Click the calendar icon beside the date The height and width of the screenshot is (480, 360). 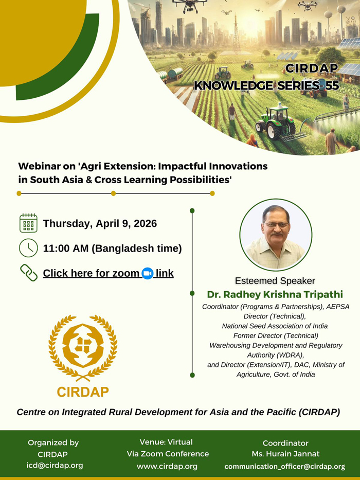click(28, 223)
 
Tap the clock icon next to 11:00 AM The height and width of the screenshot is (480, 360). click(28, 248)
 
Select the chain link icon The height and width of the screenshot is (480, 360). click(29, 273)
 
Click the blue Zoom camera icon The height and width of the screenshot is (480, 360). click(148, 273)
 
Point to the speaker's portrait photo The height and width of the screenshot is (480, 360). click(276, 235)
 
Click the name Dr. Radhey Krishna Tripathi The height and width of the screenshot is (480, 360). click(275, 294)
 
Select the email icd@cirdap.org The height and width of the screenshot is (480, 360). click(55, 466)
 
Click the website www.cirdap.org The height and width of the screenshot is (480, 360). click(167, 466)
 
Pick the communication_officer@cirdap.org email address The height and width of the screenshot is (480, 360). click(285, 467)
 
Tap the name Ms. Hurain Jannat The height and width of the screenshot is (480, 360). click(285, 454)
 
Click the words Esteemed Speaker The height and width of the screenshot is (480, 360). click(275, 281)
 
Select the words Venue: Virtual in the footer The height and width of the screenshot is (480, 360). click(166, 442)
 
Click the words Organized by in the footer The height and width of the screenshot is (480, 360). click(53, 442)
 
